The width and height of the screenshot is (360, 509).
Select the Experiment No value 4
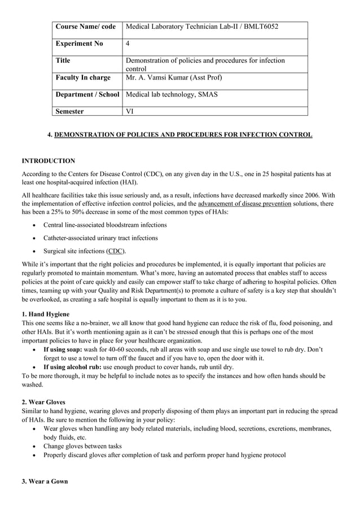pos(128,43)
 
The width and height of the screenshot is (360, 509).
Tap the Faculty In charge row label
pos(83,77)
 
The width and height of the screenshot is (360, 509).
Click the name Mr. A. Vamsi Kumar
pos(163,77)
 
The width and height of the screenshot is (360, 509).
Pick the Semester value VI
pos(129,111)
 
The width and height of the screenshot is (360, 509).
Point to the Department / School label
pos(87,94)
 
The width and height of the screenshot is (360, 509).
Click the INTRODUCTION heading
pos(48,161)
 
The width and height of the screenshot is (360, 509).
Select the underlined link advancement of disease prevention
pos(244,203)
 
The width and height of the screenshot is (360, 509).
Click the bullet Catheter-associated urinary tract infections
pos(100,238)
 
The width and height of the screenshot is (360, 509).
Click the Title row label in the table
pos(63,60)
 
